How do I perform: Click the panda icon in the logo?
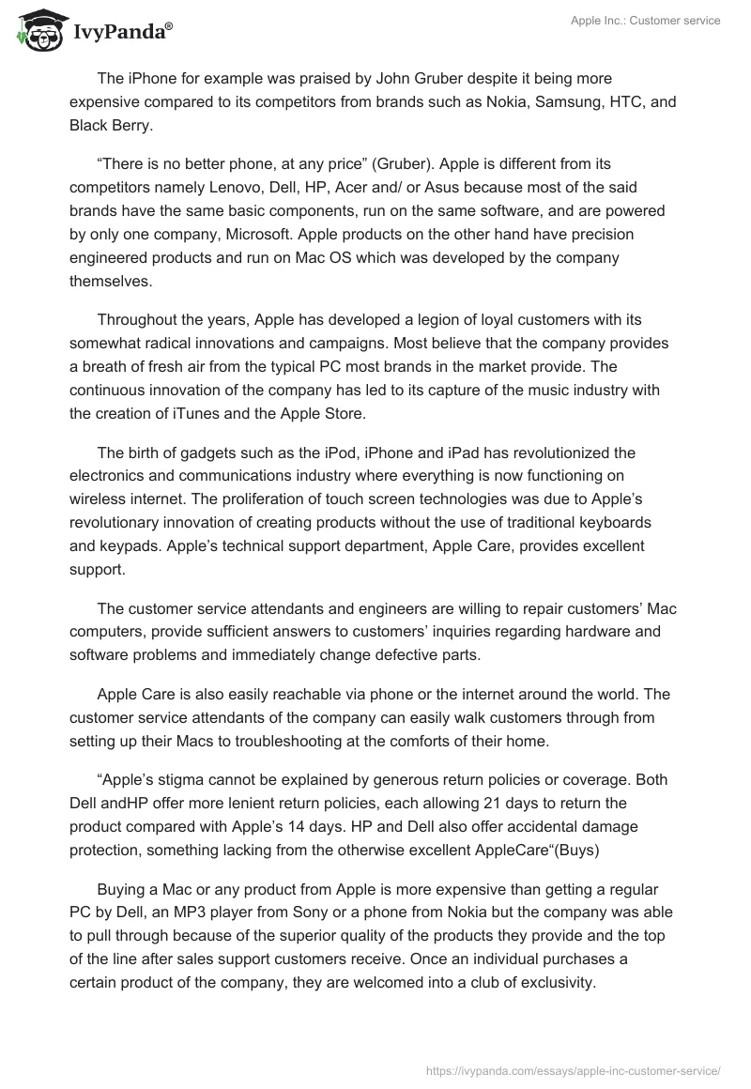click(x=37, y=31)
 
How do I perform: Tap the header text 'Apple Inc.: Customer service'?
click(x=646, y=21)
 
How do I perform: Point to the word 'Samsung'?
click(x=566, y=101)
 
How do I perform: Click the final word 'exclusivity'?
click(x=550, y=982)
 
